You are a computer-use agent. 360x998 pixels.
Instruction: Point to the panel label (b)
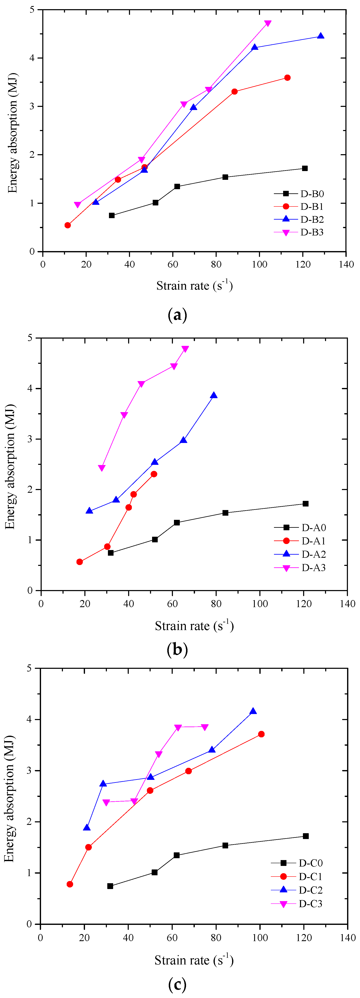coord(177,649)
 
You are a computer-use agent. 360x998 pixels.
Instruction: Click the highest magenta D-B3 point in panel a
coord(268,24)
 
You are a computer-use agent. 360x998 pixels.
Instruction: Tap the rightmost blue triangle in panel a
coord(320,36)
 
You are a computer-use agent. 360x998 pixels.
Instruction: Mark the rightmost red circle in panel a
coord(287,78)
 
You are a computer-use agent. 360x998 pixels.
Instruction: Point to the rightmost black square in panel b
coord(305,504)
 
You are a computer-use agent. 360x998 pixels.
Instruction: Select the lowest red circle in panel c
coord(70,884)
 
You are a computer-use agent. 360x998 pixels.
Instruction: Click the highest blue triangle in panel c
coord(253,711)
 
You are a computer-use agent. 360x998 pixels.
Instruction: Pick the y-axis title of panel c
coord(9,817)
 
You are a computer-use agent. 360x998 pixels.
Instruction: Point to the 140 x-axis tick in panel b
coord(347,604)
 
